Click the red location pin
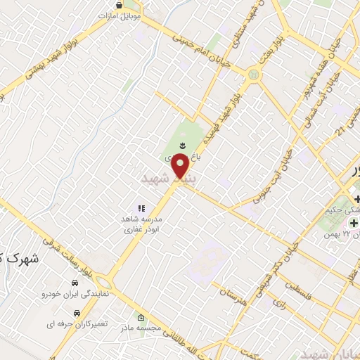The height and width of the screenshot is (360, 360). [181, 167]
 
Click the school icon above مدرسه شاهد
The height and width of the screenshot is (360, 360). [141, 209]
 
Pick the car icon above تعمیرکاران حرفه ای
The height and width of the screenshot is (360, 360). [77, 312]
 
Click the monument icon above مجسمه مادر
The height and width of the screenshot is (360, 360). [142, 317]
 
